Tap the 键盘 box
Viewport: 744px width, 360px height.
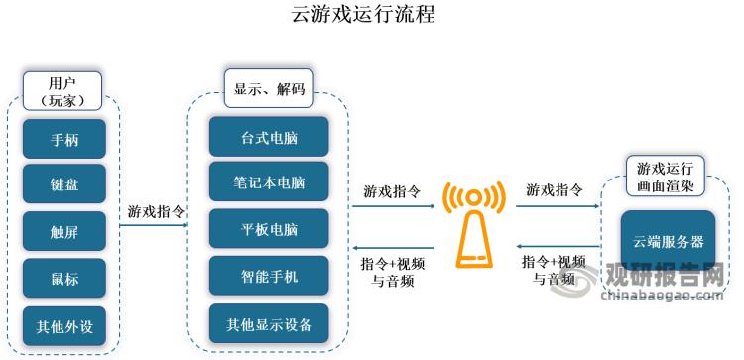click(64, 184)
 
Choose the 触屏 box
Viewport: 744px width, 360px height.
click(64, 231)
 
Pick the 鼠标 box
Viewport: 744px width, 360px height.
click(64, 279)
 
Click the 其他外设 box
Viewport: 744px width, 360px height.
click(64, 324)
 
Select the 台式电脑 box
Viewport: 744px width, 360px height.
click(269, 136)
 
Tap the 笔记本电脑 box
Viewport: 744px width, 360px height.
click(269, 182)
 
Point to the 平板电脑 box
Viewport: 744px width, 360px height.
click(269, 229)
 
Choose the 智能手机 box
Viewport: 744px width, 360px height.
click(269, 276)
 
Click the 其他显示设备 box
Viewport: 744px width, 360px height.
click(269, 323)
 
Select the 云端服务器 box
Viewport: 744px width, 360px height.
click(668, 241)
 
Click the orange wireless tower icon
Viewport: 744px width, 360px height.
click(473, 225)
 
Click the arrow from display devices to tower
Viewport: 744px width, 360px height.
click(394, 206)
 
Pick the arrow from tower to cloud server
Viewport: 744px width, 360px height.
click(556, 206)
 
